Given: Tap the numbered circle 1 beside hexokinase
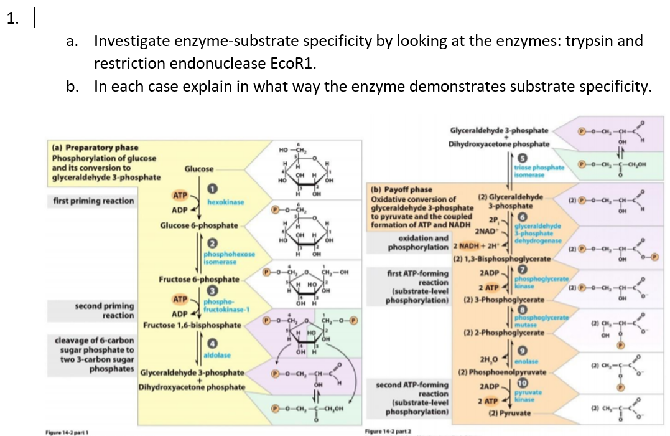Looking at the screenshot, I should [211, 189].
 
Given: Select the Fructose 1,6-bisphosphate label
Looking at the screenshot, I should [192, 325].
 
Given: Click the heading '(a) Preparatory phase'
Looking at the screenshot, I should [93, 148].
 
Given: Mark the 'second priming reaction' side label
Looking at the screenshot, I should [105, 310].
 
